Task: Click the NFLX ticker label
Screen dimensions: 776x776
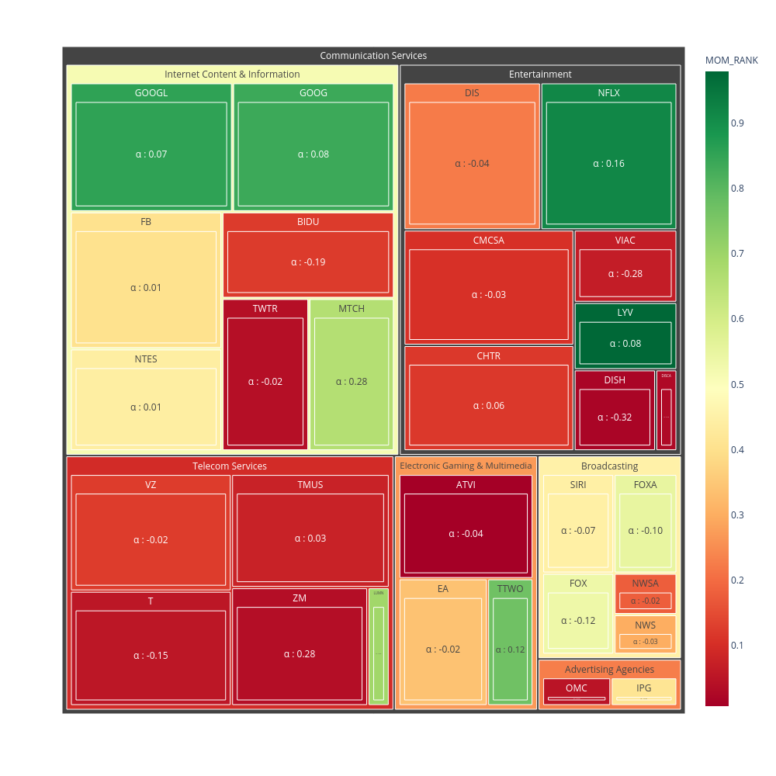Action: (x=608, y=93)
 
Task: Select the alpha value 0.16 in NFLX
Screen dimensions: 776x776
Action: (x=608, y=164)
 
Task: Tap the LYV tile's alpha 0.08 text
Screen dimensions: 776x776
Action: (x=625, y=344)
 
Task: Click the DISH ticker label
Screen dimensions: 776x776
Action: (x=615, y=380)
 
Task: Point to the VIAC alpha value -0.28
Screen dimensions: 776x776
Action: (x=625, y=274)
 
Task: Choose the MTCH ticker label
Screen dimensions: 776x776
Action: (x=352, y=309)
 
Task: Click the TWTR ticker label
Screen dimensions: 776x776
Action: (x=265, y=309)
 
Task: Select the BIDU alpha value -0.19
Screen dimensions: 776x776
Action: (x=308, y=262)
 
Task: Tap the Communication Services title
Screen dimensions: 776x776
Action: (x=373, y=56)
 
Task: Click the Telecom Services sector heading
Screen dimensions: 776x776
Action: (x=230, y=466)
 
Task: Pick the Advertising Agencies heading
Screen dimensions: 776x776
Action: (x=609, y=670)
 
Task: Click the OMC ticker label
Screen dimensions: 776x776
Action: (x=577, y=688)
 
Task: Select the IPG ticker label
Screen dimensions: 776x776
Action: (x=644, y=688)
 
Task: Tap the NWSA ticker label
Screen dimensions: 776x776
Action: (x=645, y=584)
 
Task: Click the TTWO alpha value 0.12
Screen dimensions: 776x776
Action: (x=511, y=650)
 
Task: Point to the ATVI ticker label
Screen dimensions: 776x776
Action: (x=466, y=485)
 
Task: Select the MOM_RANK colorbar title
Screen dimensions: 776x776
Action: (x=731, y=60)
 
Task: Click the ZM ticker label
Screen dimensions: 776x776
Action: (x=300, y=598)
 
